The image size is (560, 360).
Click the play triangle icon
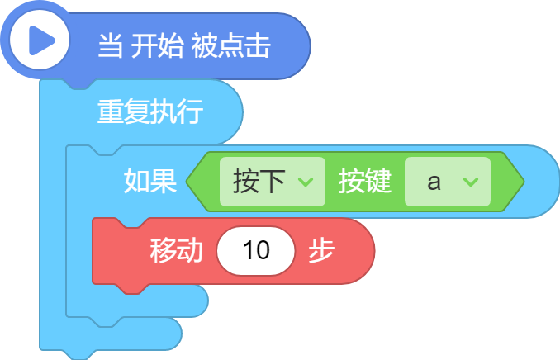coord(40,40)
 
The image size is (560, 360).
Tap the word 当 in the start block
coord(111,45)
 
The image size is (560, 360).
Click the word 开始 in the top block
coord(157,45)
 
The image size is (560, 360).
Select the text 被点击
coord(230,45)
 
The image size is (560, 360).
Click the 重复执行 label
coord(150,111)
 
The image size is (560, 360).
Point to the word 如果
coord(150,181)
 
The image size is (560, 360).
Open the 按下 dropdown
coord(272,182)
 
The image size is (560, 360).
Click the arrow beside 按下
coord(306,182)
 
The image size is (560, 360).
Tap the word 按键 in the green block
coord(364,181)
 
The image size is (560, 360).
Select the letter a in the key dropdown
coord(434,182)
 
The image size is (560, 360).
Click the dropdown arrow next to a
coord(471,182)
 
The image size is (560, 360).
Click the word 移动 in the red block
coord(177,250)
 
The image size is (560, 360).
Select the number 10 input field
coord(256,251)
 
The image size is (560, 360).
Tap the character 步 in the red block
coord(321,250)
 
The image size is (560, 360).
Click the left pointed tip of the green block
coord(187,182)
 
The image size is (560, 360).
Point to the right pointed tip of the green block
coord(523,182)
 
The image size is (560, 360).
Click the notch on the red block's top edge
coord(132,222)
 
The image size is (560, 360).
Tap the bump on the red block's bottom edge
coord(132,289)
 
